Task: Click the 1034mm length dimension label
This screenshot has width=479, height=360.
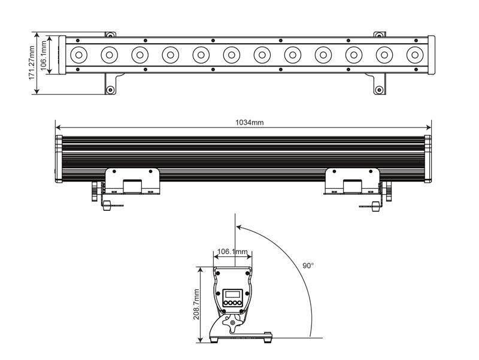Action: tap(250, 123)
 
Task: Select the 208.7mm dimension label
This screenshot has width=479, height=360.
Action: tap(196, 305)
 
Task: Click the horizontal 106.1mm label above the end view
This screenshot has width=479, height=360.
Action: tap(232, 252)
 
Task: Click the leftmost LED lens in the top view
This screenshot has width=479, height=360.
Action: tap(78, 55)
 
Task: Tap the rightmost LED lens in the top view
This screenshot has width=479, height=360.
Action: tap(414, 55)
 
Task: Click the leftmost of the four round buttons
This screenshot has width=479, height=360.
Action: tap(225, 304)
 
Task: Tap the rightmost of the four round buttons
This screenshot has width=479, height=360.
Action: tap(240, 304)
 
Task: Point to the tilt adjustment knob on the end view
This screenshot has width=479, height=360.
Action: tap(233, 324)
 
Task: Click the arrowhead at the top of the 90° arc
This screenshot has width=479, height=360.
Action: tap(238, 226)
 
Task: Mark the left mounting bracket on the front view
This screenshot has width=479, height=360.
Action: tap(132, 180)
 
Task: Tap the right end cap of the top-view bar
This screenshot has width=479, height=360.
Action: tap(431, 55)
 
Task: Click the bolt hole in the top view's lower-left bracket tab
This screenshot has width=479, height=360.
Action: tap(110, 90)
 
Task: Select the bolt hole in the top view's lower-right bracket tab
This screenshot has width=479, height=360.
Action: tap(378, 90)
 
